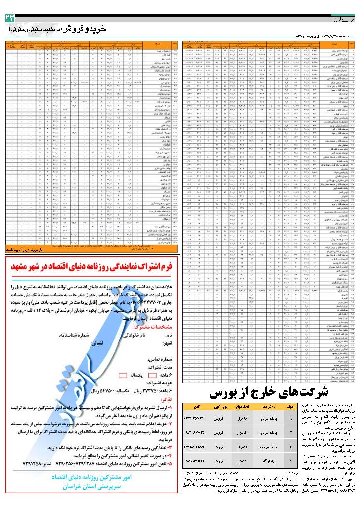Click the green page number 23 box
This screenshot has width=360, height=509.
click(x=10, y=18)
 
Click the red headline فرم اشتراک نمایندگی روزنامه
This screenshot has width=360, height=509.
click(x=89, y=266)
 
